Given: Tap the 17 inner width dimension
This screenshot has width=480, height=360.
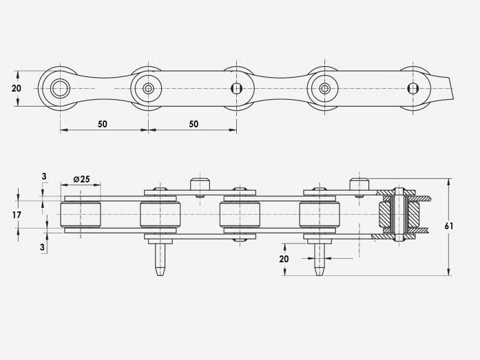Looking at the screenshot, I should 17,215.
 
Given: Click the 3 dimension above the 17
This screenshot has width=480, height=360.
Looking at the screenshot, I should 44,177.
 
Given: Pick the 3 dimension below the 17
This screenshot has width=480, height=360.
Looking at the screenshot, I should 44,246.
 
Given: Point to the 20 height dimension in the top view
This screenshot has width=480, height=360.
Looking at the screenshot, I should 17,88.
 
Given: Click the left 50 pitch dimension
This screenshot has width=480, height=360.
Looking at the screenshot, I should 102,124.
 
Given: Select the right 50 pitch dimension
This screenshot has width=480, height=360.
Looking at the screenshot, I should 193,124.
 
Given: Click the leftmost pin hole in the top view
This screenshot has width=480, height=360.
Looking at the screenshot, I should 60,88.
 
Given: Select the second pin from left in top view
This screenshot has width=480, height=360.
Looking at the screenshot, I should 148,88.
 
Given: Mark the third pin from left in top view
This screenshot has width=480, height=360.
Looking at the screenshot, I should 236,88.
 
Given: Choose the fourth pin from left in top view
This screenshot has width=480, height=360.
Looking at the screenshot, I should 324,88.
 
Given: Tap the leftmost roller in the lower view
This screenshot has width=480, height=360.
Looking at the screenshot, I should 81,215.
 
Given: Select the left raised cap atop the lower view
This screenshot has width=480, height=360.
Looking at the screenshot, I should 200,184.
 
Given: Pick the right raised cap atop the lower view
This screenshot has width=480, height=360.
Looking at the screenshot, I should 358,184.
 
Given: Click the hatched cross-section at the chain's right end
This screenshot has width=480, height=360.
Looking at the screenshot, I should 399,215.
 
